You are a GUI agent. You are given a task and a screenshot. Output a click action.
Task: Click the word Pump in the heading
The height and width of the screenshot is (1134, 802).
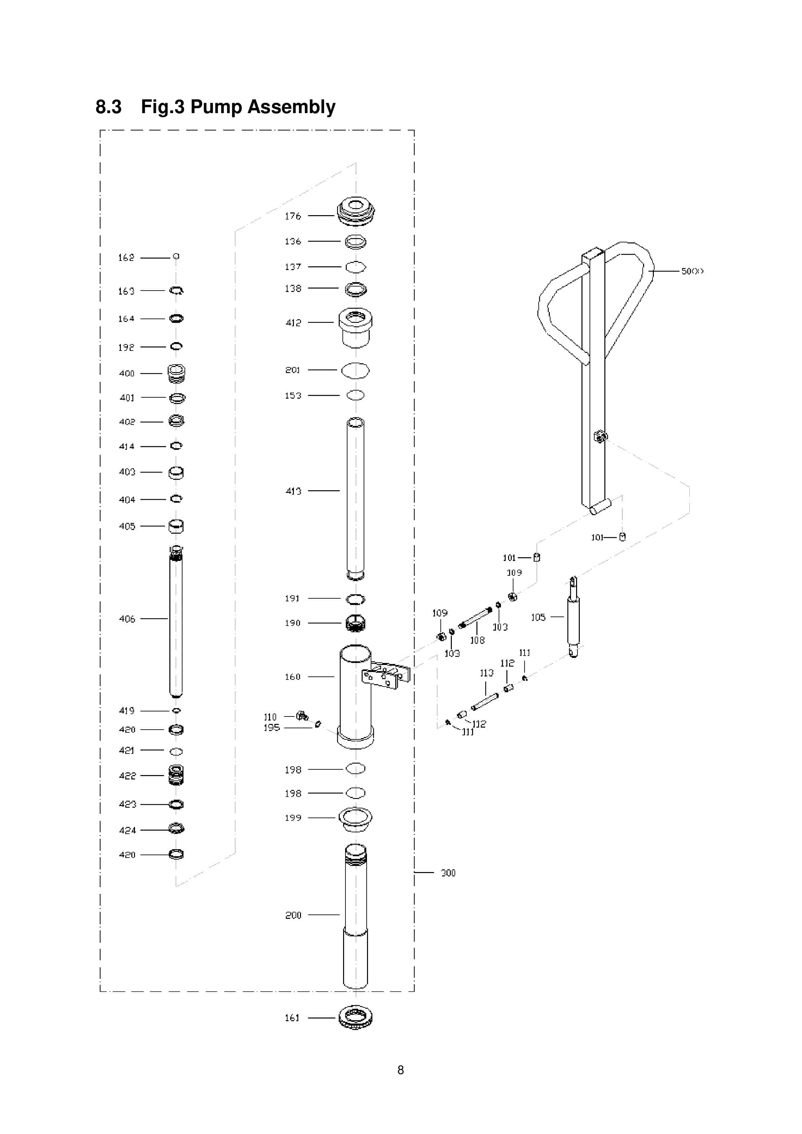[216, 107]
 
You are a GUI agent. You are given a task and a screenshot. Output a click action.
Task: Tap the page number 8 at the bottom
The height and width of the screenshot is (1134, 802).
[401, 1070]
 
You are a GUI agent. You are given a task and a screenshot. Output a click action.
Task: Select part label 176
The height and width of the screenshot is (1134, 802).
[293, 216]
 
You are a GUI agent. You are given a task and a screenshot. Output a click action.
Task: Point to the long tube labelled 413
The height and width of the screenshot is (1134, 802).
[356, 499]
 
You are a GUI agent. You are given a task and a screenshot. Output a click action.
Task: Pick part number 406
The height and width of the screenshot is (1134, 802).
[127, 619]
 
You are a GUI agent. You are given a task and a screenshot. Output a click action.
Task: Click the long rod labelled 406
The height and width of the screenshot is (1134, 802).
[176, 622]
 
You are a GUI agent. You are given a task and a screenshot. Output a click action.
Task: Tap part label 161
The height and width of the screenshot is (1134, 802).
[292, 1018]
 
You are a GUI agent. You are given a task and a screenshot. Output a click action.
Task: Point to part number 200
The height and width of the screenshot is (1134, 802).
[293, 915]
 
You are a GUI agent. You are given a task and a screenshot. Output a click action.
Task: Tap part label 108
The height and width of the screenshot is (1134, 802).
[477, 640]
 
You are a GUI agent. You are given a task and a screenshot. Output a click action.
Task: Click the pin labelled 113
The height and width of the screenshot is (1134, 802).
[485, 701]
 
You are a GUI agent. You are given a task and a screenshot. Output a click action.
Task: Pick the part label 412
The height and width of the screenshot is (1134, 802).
[293, 323]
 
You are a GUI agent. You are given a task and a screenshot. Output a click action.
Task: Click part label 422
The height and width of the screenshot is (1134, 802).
[127, 775]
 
